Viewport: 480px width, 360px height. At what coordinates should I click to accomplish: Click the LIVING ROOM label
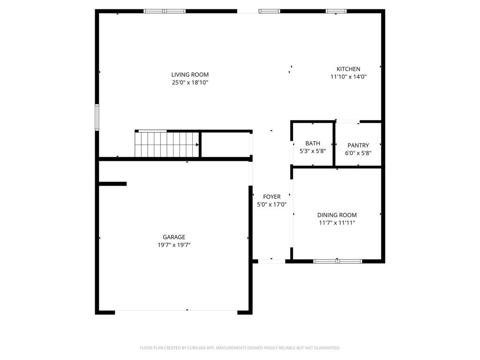tap(190, 75)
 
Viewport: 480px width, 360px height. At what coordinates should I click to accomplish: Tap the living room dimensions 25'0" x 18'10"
tap(190, 82)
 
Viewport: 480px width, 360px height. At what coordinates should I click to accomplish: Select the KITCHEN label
tap(348, 69)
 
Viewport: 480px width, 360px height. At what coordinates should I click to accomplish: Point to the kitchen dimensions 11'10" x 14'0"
tap(348, 77)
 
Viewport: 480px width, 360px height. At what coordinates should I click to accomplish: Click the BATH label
tap(313, 143)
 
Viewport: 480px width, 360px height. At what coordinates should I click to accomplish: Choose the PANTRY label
tap(358, 145)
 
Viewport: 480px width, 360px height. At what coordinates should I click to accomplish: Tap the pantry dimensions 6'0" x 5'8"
tap(358, 153)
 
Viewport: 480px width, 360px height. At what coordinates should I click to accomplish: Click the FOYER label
tap(272, 197)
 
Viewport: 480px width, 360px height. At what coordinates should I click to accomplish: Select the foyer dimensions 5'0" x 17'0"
tap(272, 205)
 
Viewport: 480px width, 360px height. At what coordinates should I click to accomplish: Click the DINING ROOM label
tap(337, 215)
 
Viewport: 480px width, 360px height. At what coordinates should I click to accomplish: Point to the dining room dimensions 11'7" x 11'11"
tap(337, 223)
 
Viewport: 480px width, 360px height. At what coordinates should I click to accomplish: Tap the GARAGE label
tap(174, 237)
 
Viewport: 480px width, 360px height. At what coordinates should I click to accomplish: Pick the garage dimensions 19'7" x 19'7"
tap(174, 245)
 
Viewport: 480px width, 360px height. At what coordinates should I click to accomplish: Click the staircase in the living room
tap(166, 144)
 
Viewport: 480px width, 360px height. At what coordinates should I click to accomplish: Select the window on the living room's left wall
tap(97, 117)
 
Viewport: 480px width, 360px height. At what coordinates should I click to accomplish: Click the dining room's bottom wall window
tap(337, 261)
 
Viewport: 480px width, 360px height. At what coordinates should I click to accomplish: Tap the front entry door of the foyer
tap(271, 261)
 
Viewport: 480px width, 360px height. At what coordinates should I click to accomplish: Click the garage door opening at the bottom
tap(176, 312)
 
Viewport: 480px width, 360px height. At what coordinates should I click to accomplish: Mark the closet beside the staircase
tap(225, 145)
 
